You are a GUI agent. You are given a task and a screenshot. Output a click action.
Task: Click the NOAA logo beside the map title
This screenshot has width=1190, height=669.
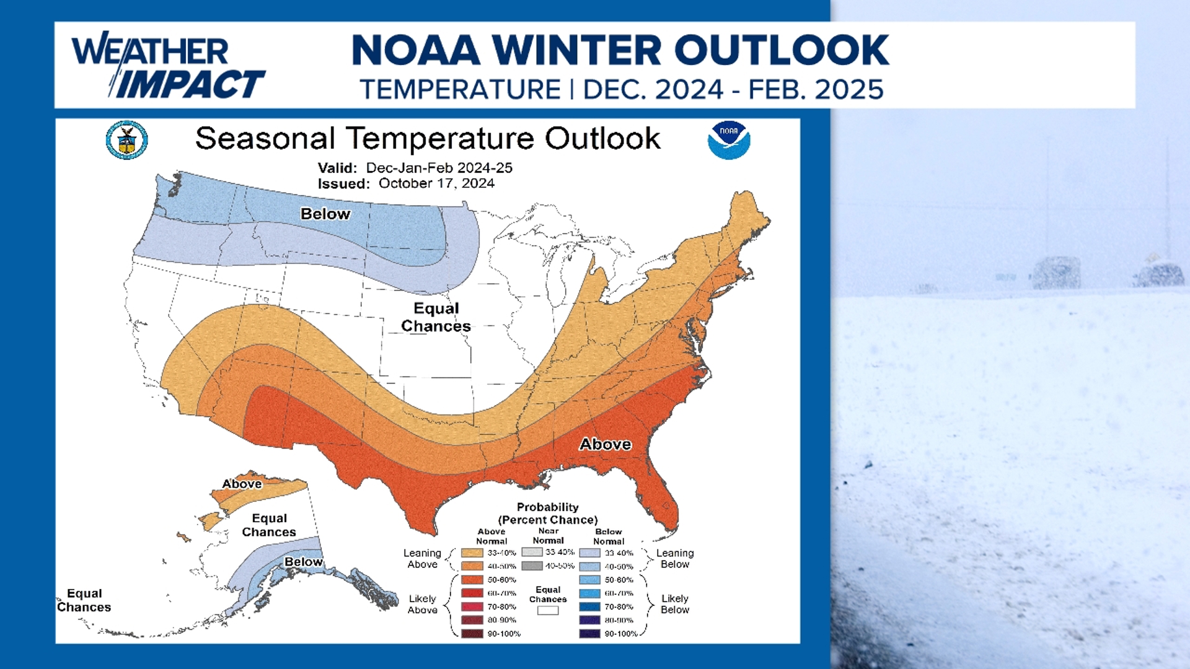coord(729,140)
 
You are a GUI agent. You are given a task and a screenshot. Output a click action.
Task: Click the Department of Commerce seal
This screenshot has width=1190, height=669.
coord(127,140)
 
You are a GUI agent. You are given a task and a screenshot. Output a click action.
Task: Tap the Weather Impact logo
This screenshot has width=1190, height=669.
coord(167,67)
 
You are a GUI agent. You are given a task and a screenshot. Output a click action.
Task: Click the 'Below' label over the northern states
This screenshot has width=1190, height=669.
coord(325,214)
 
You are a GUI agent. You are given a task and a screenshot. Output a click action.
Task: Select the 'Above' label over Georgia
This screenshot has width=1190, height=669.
coord(605,444)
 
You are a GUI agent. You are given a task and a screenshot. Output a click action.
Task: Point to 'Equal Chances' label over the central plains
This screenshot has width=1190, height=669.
coord(436,317)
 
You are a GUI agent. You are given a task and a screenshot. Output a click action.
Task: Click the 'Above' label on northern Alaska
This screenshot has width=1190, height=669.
coord(242,484)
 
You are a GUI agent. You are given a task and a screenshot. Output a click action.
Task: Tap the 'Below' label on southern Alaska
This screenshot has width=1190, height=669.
coord(303,562)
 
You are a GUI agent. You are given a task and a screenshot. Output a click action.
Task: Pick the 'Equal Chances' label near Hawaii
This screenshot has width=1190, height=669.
coord(84,600)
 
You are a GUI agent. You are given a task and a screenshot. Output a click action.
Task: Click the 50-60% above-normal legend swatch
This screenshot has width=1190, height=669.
coord(472,580)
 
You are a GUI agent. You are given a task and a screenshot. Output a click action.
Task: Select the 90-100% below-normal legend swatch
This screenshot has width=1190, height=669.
coord(589,634)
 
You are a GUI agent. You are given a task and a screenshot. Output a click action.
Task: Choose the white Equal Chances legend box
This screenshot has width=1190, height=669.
coord(547,611)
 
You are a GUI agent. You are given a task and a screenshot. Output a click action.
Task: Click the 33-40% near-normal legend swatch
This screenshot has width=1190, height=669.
coord(532,552)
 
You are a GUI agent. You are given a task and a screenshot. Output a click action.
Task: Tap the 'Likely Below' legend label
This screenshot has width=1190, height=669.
coord(674,604)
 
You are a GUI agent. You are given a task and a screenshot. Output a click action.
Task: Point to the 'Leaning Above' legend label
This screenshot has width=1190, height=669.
coord(422,559)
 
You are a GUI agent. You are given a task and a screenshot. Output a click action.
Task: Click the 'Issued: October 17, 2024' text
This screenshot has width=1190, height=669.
coord(406,183)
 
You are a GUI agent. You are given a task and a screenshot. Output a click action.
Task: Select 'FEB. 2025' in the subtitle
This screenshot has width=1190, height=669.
coord(816,90)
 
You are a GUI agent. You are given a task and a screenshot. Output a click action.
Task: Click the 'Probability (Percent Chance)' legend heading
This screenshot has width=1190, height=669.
coord(547,514)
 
